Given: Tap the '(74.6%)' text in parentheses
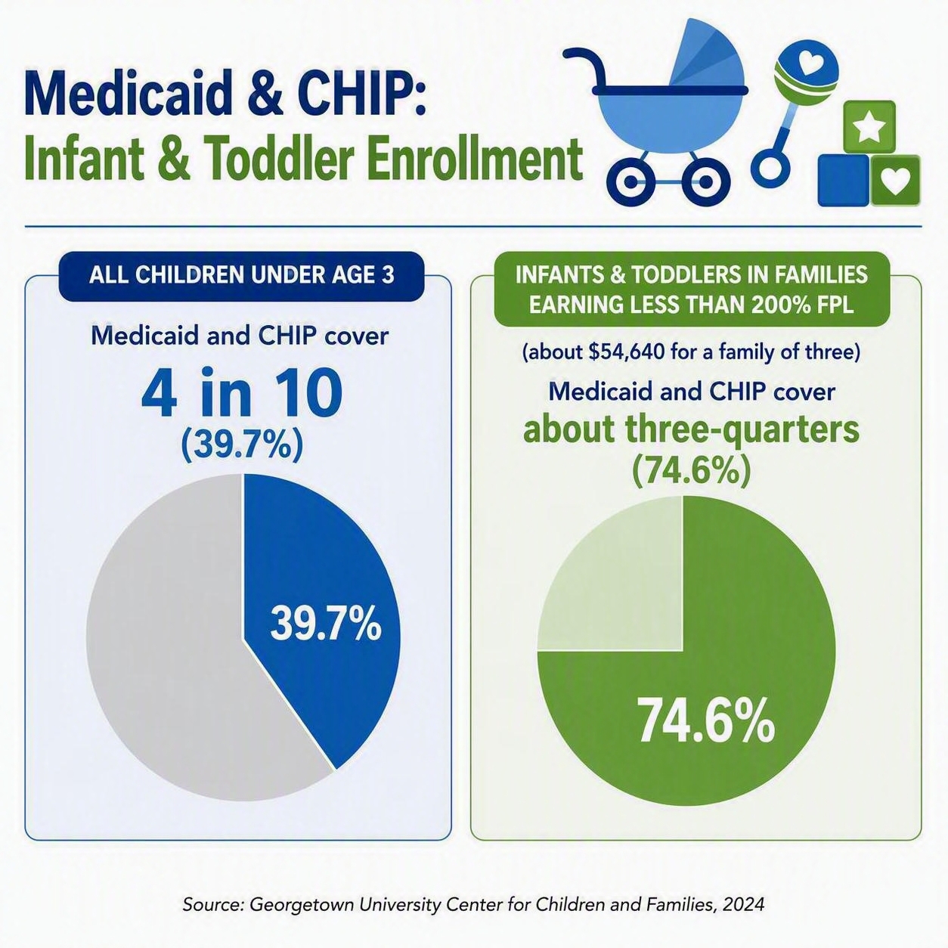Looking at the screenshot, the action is (691, 471).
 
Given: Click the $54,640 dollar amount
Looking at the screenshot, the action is (622, 353).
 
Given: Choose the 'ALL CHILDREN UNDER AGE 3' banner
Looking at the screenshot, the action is (242, 276).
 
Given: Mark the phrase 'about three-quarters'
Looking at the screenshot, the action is (691, 429).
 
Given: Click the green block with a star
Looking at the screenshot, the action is (869, 126).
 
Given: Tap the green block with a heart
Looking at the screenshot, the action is (895, 180).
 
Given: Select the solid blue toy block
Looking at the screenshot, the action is (844, 180).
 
